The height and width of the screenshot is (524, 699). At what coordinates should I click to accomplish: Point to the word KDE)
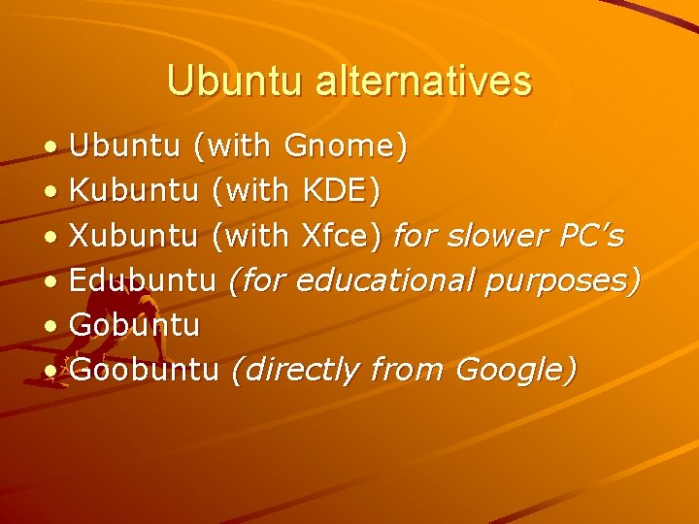click(x=341, y=191)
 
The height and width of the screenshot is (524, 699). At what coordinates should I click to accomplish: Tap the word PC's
click(x=591, y=236)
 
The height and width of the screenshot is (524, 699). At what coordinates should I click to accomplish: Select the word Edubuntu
click(x=143, y=280)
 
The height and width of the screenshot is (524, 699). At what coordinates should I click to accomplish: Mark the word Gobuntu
click(x=135, y=325)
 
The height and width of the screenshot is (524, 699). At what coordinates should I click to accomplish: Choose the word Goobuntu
click(x=145, y=370)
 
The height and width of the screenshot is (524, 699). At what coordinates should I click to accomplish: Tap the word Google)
click(x=516, y=371)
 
